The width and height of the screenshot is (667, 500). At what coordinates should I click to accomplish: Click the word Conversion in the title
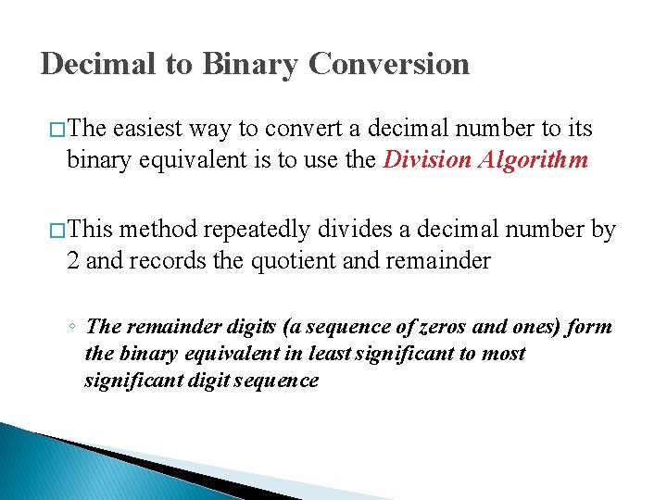click(389, 64)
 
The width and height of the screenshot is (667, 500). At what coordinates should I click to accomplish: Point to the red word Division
click(426, 159)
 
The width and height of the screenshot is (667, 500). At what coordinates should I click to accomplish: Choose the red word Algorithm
click(535, 159)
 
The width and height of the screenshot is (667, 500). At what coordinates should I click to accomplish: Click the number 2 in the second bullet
click(73, 261)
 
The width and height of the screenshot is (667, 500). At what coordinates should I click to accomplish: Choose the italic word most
click(503, 354)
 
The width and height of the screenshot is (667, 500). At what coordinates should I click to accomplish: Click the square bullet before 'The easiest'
click(55, 130)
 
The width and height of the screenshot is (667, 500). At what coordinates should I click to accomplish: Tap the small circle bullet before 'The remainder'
click(72, 328)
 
